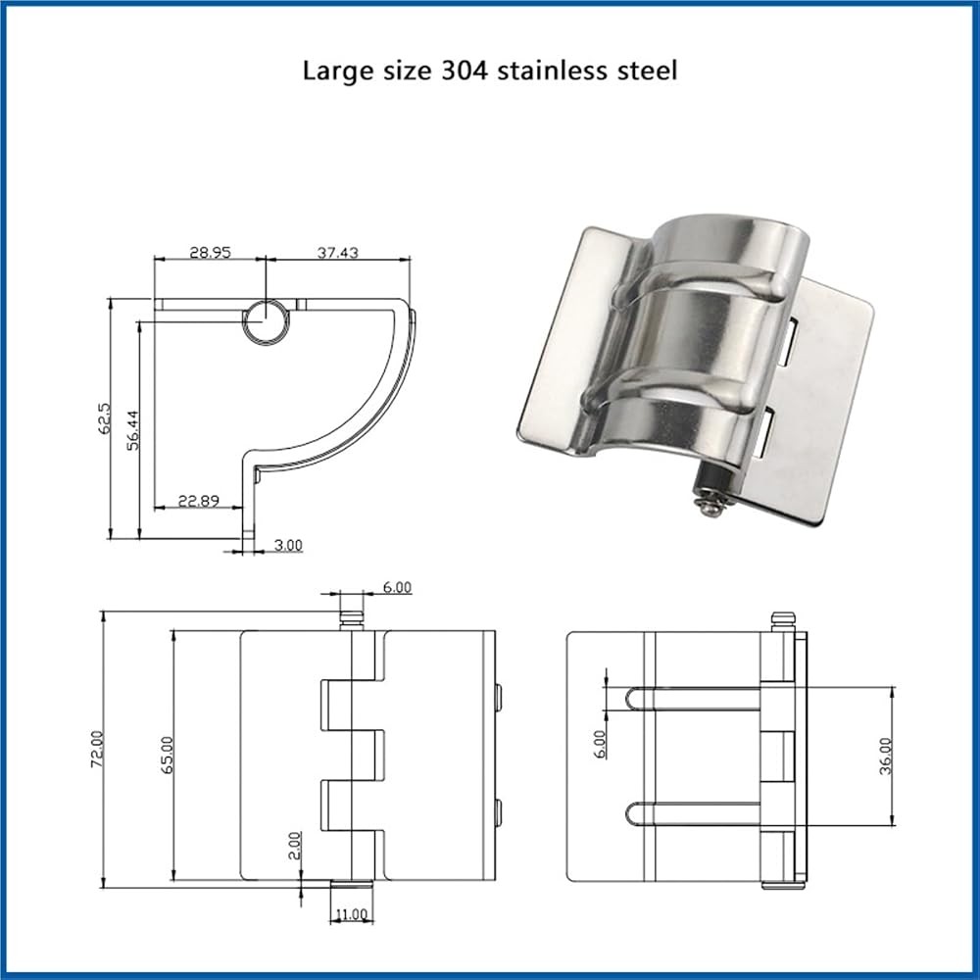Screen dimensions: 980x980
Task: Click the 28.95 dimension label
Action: (211, 253)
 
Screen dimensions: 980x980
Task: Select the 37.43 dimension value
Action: (337, 253)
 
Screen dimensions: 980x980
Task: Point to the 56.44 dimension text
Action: (132, 429)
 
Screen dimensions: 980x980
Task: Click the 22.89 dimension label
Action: (199, 501)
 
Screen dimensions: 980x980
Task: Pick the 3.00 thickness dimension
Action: (288, 545)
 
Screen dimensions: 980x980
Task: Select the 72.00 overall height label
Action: (97, 748)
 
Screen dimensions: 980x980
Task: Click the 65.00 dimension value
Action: (167, 755)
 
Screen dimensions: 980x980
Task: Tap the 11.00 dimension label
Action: (351, 914)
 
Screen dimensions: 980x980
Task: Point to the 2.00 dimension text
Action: (295, 845)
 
